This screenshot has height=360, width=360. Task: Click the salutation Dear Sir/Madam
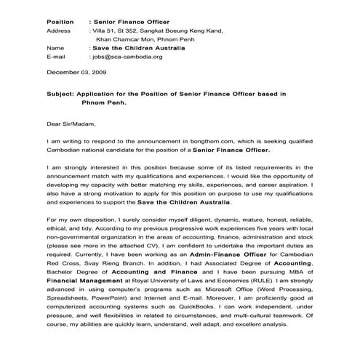click(x=71, y=124)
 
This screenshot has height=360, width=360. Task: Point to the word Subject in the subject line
click(x=60, y=95)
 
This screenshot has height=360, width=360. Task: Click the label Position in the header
click(x=60, y=23)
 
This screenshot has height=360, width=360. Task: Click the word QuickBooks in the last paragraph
click(x=185, y=305)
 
